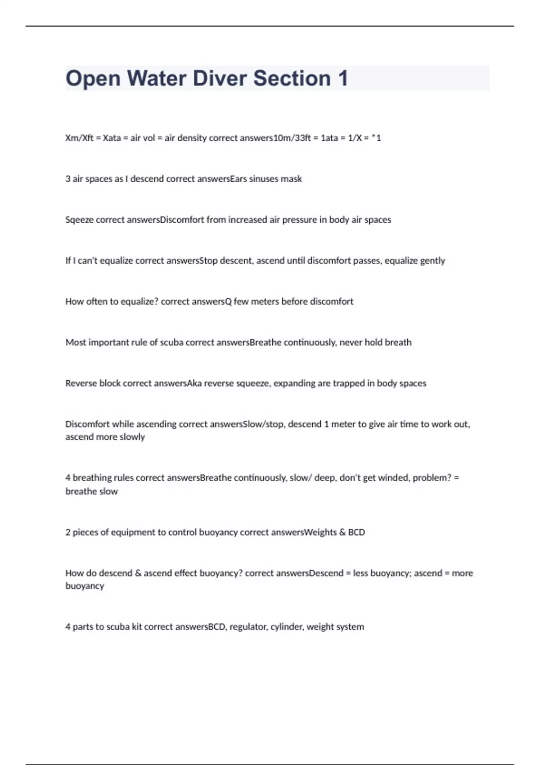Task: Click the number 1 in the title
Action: point(343,78)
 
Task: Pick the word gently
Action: point(432,261)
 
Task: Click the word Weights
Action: point(320,532)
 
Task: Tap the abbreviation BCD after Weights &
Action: point(356,532)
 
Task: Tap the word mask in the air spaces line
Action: point(291,179)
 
